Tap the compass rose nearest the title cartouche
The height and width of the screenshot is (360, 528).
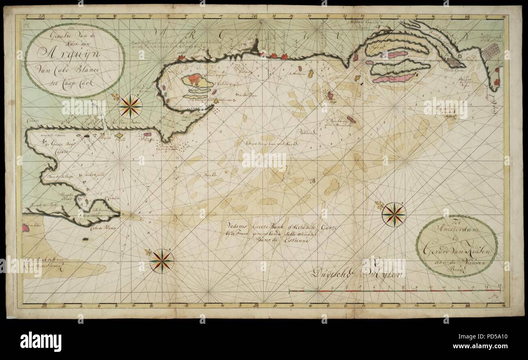click(x=130, y=106)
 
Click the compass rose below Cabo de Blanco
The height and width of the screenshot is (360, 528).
click(x=161, y=260)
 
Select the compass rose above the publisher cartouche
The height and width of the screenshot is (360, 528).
click(x=394, y=214)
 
